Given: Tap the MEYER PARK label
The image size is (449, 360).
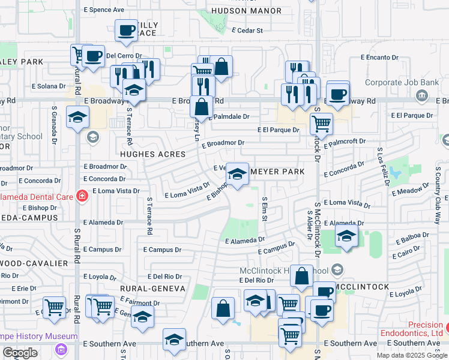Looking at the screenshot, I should click(x=277, y=172).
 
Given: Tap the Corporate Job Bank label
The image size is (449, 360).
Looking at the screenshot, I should click(x=392, y=83).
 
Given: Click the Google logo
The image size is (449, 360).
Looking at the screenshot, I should click(x=20, y=353).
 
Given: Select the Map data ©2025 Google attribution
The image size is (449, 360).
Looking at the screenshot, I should click(x=411, y=355).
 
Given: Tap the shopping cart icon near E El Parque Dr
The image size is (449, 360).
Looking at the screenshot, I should click(x=321, y=124).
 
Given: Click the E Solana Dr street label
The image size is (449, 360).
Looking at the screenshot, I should click(x=55, y=88).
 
